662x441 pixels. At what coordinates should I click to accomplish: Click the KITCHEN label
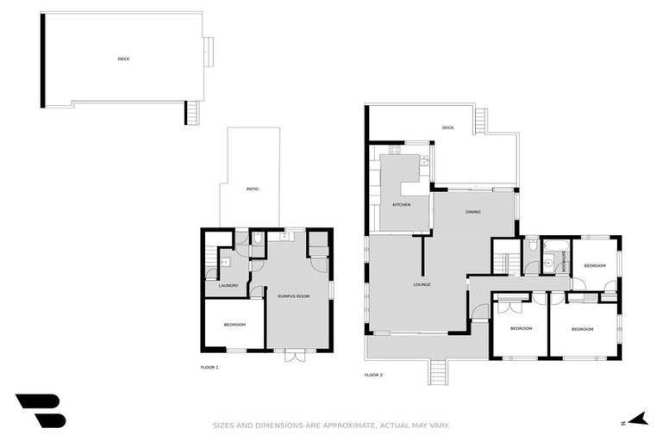tap(402, 205)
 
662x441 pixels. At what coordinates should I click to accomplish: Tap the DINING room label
tap(473, 212)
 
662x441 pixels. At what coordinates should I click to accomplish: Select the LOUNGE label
tap(422, 284)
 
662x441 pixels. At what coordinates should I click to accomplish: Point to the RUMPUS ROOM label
tap(293, 295)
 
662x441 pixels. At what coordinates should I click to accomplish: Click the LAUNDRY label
tap(228, 286)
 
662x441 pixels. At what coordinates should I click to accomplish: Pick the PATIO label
tap(253, 189)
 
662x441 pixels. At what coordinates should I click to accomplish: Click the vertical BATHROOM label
tap(564, 261)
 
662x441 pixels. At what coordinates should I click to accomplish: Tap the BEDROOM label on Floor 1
tap(234, 325)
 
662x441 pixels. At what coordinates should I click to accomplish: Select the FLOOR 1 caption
tap(209, 368)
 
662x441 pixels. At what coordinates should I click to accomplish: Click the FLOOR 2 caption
tap(373, 375)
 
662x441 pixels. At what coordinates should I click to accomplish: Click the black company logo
tap(41, 411)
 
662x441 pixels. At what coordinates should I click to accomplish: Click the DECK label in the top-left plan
tap(124, 59)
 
